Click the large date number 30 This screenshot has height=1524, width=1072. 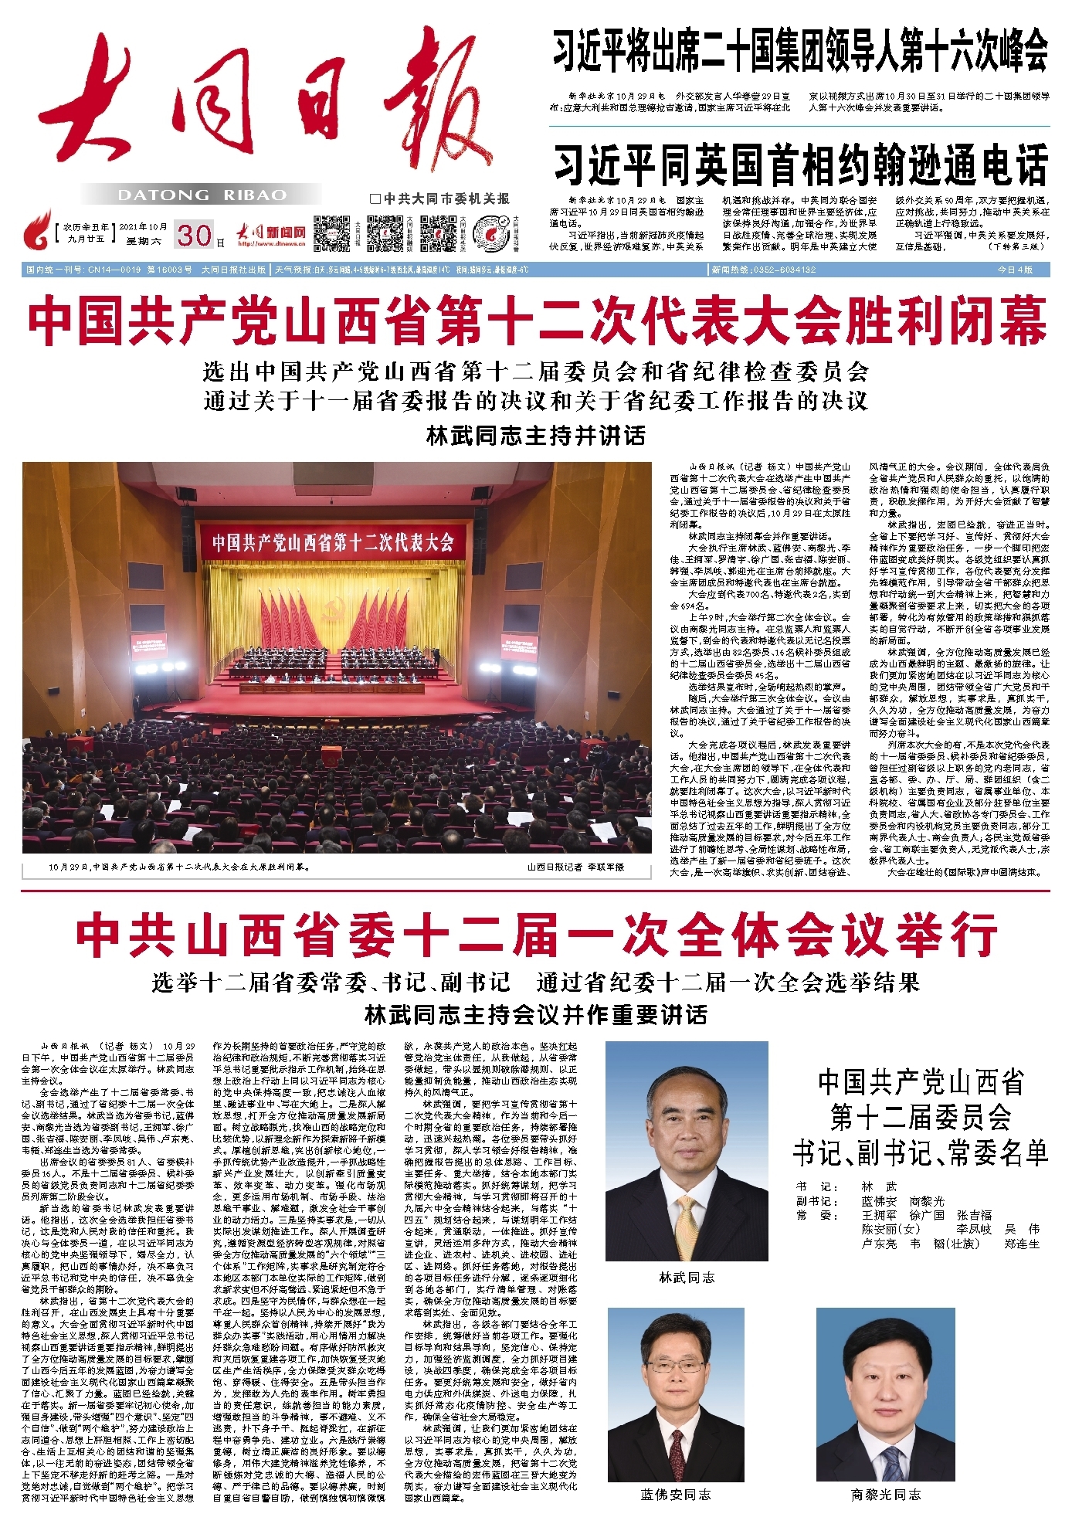[x=193, y=235]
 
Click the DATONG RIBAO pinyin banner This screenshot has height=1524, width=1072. [x=202, y=195]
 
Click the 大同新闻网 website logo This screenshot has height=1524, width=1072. [x=270, y=233]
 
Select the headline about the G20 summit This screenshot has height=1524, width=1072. [x=800, y=50]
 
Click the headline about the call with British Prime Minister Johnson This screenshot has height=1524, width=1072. [x=800, y=165]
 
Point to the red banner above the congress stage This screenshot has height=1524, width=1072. [x=333, y=541]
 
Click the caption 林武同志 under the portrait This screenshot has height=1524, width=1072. [x=687, y=1278]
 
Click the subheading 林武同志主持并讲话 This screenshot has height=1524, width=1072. [x=535, y=436]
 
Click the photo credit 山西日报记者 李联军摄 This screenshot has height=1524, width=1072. [x=575, y=867]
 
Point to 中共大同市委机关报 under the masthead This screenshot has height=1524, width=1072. [x=440, y=199]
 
